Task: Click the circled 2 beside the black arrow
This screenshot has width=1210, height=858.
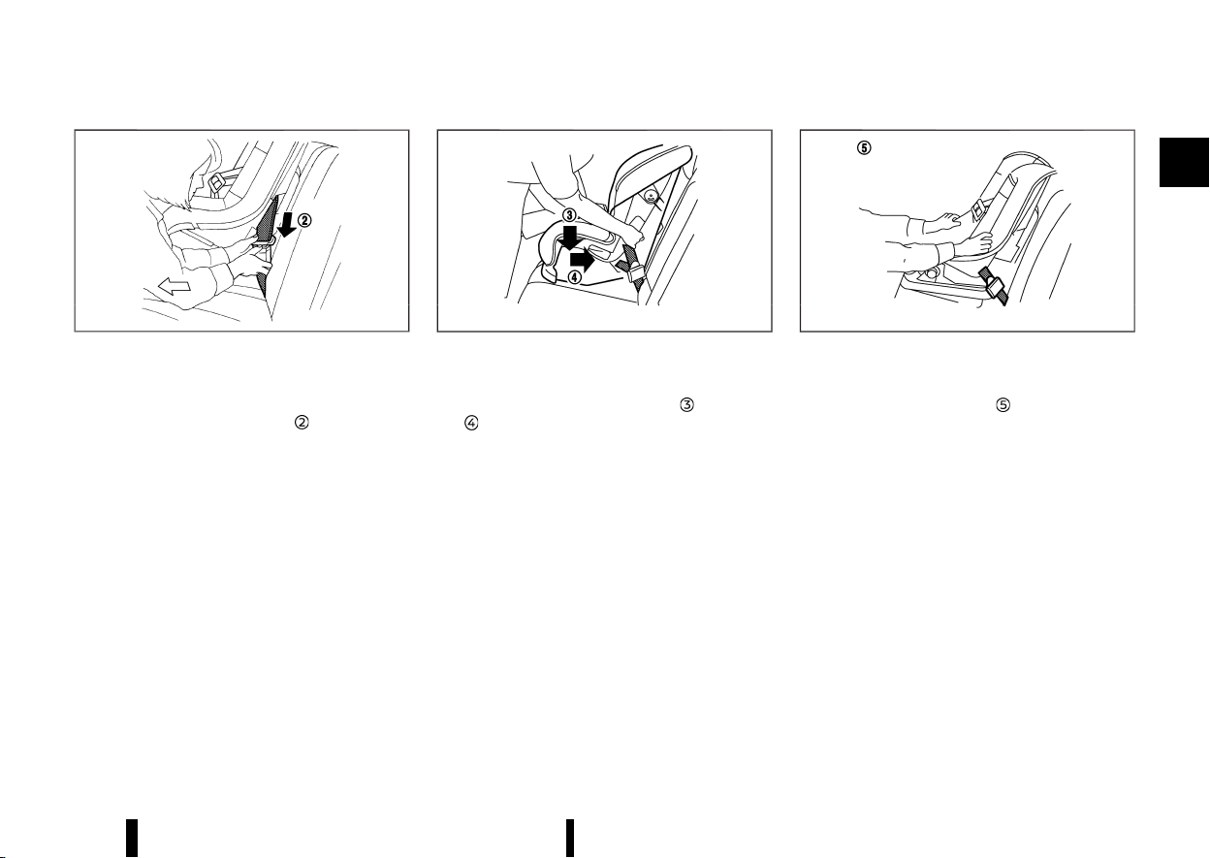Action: (x=304, y=220)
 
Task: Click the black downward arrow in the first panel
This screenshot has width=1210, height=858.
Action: (x=288, y=224)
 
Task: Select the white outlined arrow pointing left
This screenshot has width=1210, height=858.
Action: (x=175, y=285)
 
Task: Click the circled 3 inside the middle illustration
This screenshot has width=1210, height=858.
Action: (x=569, y=215)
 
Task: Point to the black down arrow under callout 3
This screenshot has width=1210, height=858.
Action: (x=569, y=238)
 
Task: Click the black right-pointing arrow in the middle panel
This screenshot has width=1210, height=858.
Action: (x=583, y=261)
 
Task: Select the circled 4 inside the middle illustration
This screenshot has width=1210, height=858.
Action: (x=575, y=277)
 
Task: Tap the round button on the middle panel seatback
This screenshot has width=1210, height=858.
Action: (x=652, y=197)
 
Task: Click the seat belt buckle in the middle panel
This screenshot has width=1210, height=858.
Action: (x=635, y=271)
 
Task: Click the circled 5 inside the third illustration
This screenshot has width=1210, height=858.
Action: (x=864, y=148)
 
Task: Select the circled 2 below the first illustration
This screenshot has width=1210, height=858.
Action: (x=302, y=423)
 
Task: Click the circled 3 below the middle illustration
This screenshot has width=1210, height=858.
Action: (x=686, y=404)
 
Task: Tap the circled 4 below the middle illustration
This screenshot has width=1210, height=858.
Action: (x=471, y=423)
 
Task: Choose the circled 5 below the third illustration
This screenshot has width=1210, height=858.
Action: (x=1003, y=404)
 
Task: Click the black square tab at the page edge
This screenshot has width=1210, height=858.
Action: (x=1184, y=162)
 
